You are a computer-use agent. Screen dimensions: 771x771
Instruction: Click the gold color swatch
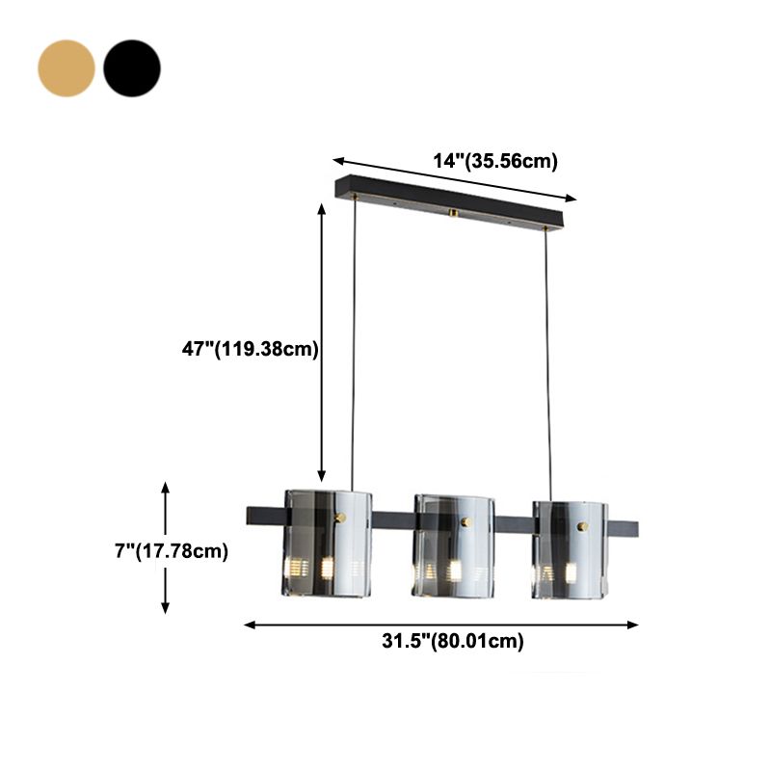coord(66,67)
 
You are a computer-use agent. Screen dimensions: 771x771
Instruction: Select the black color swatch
coord(132,67)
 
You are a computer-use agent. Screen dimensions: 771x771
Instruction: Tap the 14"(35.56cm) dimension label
coord(494,161)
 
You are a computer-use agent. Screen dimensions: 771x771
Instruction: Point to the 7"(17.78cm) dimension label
coord(171,551)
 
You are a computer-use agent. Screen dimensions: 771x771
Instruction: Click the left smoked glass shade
coord(328,544)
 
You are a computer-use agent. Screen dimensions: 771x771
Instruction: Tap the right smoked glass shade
coord(572,547)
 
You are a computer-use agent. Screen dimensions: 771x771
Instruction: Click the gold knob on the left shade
coord(339,518)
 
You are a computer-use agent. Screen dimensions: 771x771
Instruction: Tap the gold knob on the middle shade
coord(466,522)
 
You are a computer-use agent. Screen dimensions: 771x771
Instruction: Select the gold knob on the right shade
coord(581,527)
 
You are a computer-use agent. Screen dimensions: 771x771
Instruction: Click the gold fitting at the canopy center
coord(453,212)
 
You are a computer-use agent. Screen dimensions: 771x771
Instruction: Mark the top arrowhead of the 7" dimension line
coord(166,487)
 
